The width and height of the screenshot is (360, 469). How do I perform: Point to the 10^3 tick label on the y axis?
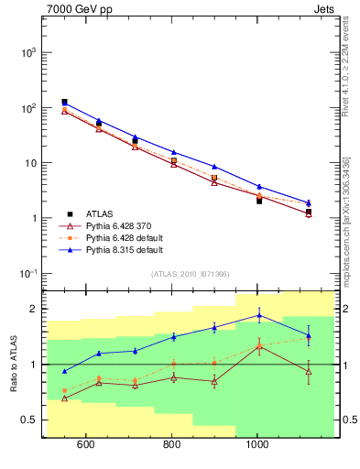click(x=27, y=52)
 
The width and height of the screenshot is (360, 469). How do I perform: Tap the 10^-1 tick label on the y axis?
click(x=27, y=274)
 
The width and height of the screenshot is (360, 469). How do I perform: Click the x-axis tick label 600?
click(x=86, y=446)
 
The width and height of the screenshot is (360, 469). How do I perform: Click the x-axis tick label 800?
click(x=172, y=446)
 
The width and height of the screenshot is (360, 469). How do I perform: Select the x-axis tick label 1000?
click(x=257, y=446)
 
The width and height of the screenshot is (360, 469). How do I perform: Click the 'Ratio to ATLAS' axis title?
click(x=11, y=364)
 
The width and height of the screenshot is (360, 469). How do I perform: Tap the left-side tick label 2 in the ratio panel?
click(x=34, y=309)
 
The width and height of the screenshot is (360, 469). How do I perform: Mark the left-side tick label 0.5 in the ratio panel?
click(x=30, y=420)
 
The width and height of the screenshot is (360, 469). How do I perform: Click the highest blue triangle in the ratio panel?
click(x=259, y=315)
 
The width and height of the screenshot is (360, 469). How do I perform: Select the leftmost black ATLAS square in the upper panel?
click(x=64, y=103)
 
